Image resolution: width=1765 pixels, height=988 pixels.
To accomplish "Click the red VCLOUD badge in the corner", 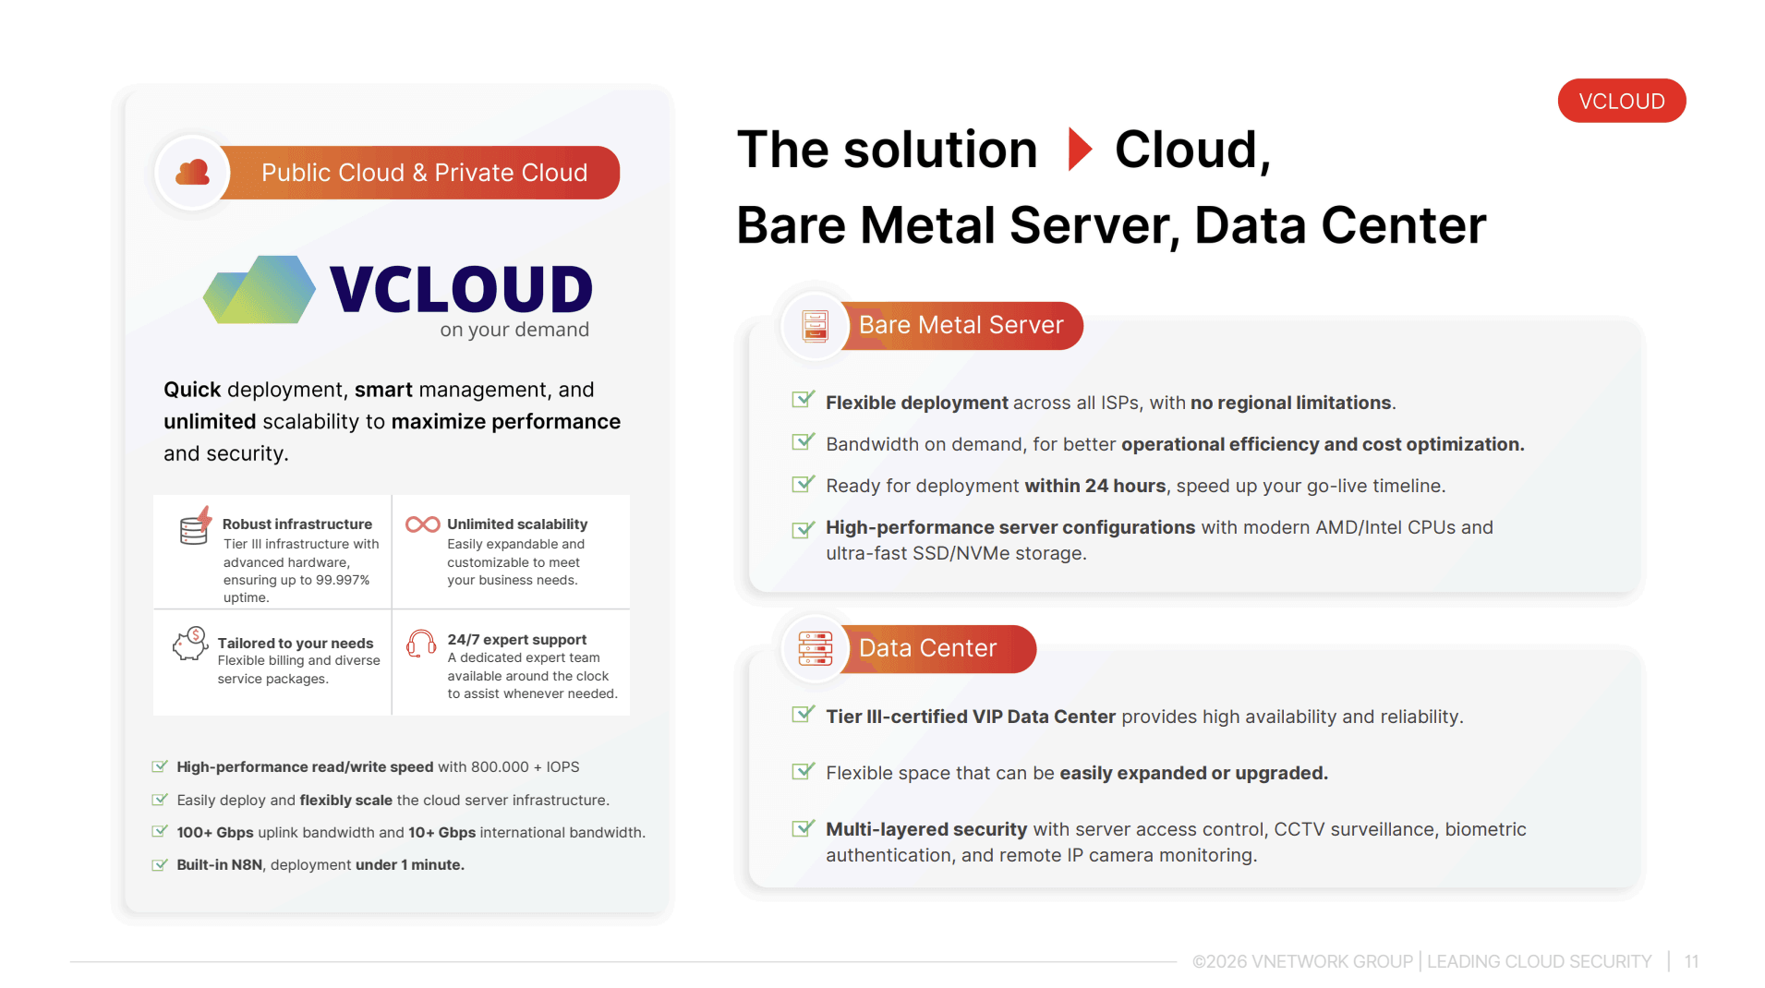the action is click(x=1621, y=101).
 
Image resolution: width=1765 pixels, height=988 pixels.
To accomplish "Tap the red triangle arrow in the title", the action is click(x=1080, y=150).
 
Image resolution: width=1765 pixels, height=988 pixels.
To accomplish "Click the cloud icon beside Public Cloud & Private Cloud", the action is click(x=192, y=173).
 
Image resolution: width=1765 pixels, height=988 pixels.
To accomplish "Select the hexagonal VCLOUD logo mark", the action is click(x=260, y=290).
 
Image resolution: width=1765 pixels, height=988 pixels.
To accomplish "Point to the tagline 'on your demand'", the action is click(x=514, y=330).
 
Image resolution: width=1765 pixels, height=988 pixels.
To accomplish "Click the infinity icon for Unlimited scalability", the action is click(x=423, y=524).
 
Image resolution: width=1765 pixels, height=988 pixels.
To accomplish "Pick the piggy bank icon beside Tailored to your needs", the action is click(x=190, y=644).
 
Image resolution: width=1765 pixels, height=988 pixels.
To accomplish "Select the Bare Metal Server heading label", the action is click(x=961, y=325).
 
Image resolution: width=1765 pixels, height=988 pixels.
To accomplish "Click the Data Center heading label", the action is click(x=927, y=648).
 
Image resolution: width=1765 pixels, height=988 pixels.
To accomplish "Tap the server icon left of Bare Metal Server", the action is click(x=816, y=326).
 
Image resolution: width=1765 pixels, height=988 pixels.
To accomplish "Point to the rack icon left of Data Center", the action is click(x=816, y=649).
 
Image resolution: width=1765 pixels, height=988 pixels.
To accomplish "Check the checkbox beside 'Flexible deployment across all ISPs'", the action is click(x=804, y=400).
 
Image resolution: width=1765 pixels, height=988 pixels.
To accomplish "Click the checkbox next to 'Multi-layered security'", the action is click(x=804, y=827).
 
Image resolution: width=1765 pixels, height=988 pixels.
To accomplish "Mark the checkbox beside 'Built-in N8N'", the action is click(x=160, y=864).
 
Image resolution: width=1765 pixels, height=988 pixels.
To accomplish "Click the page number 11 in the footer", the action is click(x=1691, y=961).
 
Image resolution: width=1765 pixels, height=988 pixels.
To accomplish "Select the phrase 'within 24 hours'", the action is click(x=1094, y=486).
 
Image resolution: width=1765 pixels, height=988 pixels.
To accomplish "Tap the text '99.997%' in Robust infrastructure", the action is click(x=343, y=580).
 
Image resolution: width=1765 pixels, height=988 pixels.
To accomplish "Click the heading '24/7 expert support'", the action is click(x=517, y=639).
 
